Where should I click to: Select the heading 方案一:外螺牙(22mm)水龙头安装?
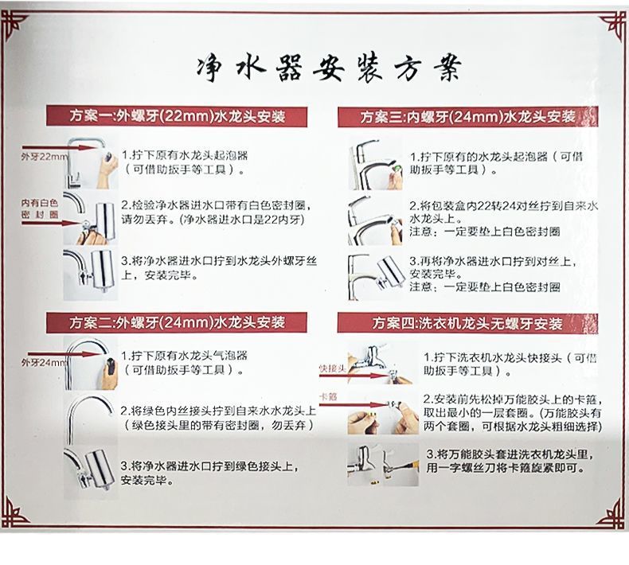point(176,117)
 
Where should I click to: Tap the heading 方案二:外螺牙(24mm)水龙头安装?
point(176,323)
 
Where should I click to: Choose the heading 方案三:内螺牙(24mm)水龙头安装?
point(467,117)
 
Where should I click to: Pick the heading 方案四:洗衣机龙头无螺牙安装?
point(467,324)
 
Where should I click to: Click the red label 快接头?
point(330,368)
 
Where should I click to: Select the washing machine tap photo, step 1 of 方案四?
point(374,364)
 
